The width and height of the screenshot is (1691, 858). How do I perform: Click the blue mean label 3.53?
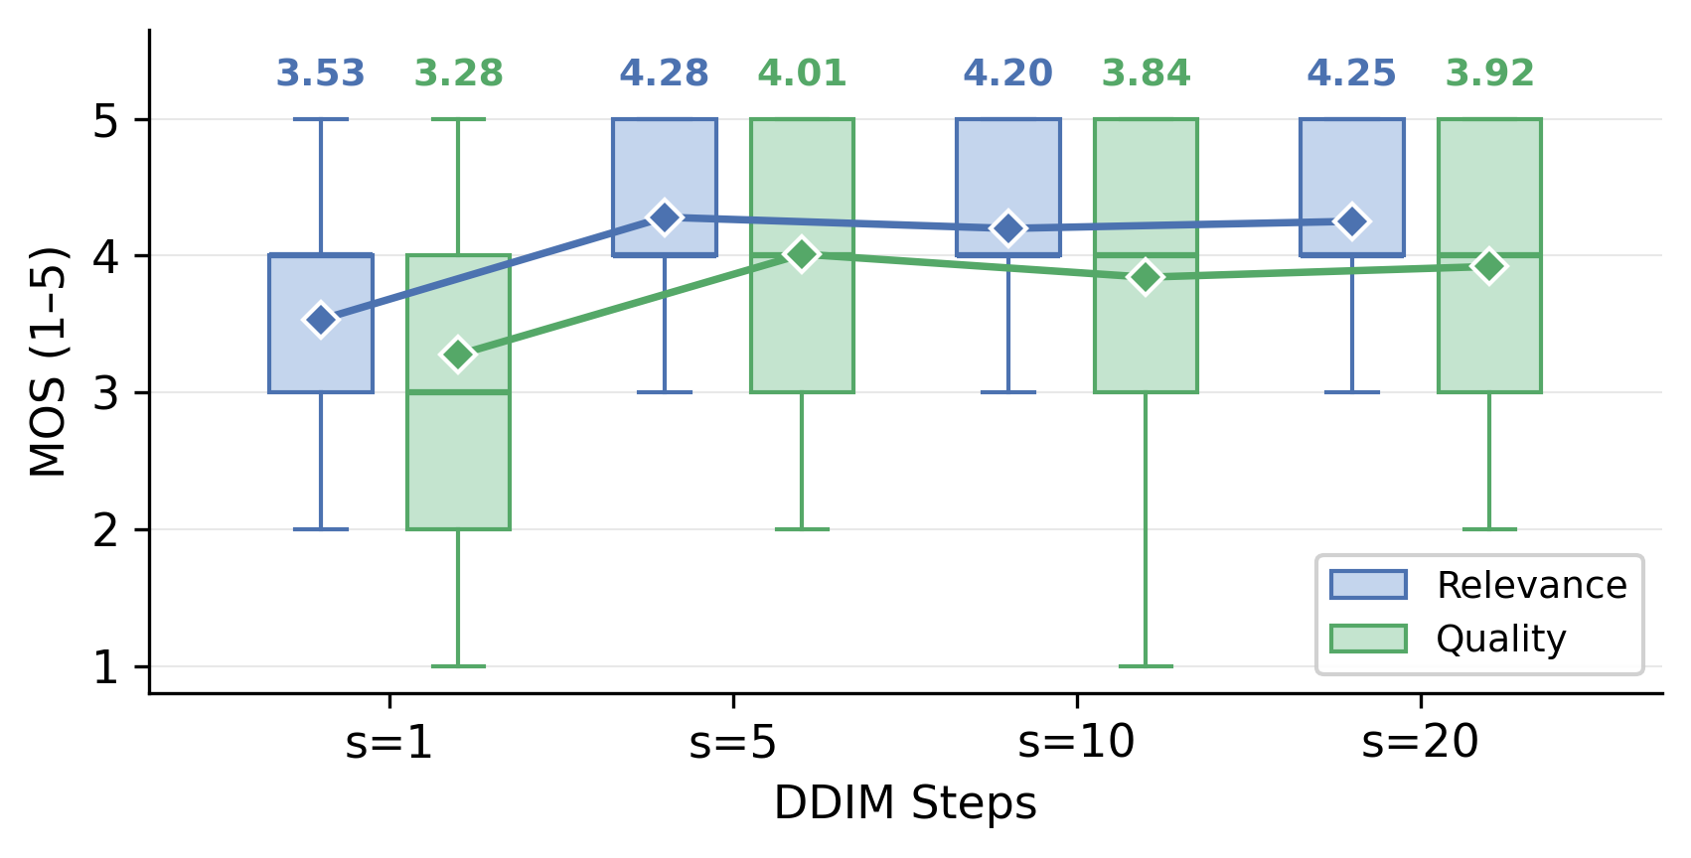point(321,73)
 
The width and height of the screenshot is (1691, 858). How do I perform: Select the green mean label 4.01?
point(802,73)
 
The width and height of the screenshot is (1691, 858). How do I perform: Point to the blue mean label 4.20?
point(1007,73)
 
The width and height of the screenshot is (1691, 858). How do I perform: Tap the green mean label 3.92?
point(1489,73)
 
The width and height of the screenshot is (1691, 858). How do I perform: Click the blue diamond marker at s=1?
point(321,320)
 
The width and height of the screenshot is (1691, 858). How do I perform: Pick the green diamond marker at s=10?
point(1146,277)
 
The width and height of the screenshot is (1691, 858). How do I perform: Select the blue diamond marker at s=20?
point(1352,221)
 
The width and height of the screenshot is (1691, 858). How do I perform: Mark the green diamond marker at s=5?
point(802,254)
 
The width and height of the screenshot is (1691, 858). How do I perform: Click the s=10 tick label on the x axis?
point(1077,742)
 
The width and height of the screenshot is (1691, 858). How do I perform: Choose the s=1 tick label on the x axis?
point(388,742)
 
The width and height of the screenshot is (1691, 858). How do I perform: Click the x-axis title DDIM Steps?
point(905,803)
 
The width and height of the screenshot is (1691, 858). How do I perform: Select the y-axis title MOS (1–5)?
point(48,362)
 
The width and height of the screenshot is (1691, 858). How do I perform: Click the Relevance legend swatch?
point(1368,585)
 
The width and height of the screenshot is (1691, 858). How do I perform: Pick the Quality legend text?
point(1501,640)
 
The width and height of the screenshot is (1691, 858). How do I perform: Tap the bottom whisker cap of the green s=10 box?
point(1146,666)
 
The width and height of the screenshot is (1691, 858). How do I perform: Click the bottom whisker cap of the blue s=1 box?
point(321,529)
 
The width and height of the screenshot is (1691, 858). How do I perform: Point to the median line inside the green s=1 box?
point(459,391)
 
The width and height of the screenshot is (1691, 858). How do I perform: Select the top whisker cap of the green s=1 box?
point(459,119)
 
